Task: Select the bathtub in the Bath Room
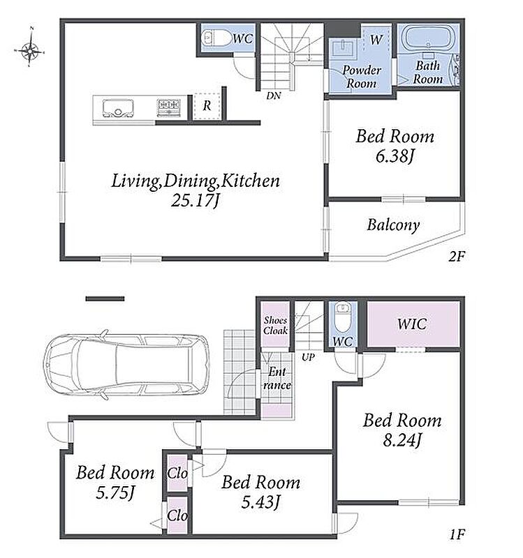(x=428, y=38)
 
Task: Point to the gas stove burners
(x=168, y=107)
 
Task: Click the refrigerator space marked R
(x=207, y=106)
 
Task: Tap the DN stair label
(x=273, y=96)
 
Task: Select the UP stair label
(x=308, y=357)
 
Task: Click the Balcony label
(x=393, y=225)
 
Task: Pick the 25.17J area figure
(x=195, y=201)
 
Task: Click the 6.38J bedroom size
(x=395, y=156)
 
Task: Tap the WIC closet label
(x=412, y=324)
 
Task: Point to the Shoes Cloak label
(x=275, y=325)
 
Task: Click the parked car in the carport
(x=126, y=364)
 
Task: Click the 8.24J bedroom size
(x=402, y=440)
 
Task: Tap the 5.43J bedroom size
(x=260, y=502)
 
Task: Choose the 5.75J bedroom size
(x=115, y=493)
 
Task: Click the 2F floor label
(x=457, y=256)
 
